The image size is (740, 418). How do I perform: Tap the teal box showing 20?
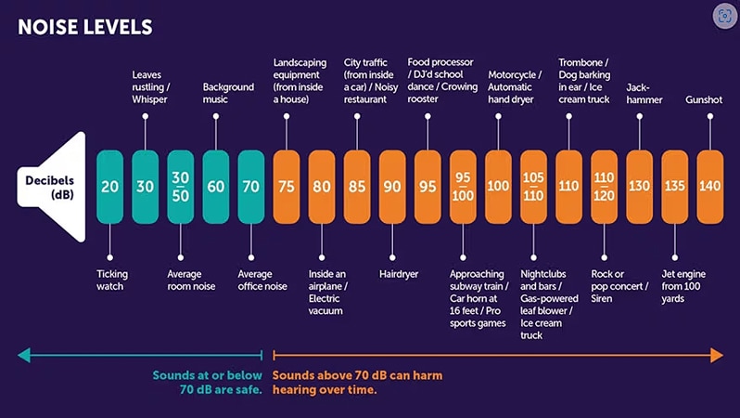(109, 187)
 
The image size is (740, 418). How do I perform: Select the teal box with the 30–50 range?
(180, 187)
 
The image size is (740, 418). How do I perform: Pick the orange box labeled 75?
(287, 187)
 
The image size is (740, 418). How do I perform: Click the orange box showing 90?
(392, 187)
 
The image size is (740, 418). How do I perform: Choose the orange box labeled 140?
(709, 187)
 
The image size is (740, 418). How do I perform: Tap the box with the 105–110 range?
(533, 187)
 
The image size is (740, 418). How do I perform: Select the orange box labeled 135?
(674, 187)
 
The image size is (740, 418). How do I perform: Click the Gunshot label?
(703, 99)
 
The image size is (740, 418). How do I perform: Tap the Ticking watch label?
(112, 280)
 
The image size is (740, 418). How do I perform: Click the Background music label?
(227, 93)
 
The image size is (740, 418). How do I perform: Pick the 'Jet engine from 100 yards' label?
(686, 286)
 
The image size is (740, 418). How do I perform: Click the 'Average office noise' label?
(262, 280)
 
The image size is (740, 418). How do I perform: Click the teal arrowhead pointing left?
(23, 355)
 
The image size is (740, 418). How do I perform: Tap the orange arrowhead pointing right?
(717, 355)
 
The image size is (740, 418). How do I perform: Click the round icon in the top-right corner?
(724, 16)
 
